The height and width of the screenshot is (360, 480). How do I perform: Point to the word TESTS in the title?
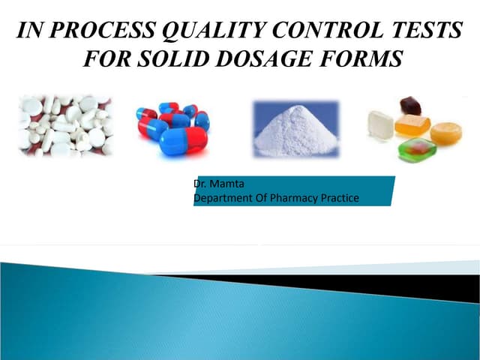click(x=424, y=31)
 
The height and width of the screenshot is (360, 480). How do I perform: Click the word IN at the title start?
click(x=29, y=31)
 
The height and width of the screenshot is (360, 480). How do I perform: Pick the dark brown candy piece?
click(x=409, y=105)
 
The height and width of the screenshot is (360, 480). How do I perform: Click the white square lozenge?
click(x=380, y=124)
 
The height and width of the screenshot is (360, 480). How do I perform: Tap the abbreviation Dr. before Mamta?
click(x=199, y=184)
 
